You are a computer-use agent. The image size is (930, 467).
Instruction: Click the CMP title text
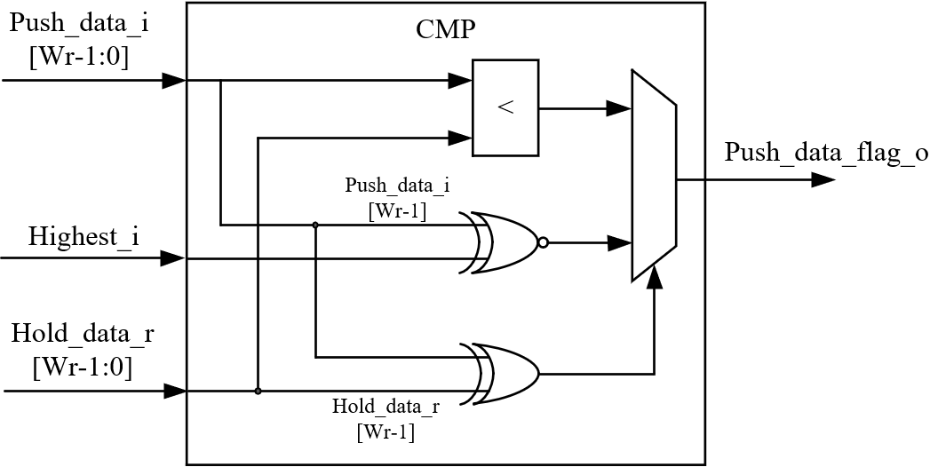(x=446, y=29)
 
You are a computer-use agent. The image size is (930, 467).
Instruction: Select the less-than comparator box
(x=505, y=107)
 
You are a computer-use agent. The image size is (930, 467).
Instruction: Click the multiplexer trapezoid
(x=654, y=176)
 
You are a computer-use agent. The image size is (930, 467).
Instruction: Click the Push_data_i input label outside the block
(x=78, y=40)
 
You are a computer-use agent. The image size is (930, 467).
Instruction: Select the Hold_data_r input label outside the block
(x=81, y=350)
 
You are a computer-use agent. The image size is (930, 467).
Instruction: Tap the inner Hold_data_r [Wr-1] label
(x=386, y=419)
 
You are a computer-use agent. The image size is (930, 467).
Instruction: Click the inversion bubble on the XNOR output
(x=543, y=242)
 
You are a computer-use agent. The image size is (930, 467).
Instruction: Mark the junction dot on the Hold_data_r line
(x=258, y=391)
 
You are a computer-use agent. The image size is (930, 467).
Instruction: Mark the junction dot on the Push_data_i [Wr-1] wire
(x=315, y=225)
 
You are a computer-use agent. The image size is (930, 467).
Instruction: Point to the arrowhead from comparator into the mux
(x=619, y=109)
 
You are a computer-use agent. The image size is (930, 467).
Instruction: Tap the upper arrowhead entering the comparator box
(x=460, y=81)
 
